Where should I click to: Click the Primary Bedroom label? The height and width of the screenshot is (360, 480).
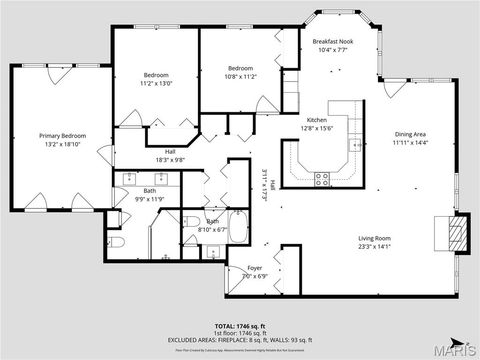click(x=61, y=135)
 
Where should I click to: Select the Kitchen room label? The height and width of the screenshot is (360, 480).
click(x=316, y=119)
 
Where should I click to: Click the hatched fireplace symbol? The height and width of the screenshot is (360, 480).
click(x=456, y=234)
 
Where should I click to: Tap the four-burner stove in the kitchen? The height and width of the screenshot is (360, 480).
click(x=323, y=179)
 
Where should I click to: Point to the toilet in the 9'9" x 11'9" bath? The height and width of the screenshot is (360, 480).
click(x=116, y=243)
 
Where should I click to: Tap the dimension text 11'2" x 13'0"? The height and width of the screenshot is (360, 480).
click(x=156, y=83)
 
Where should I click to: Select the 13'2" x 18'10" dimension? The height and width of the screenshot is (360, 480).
click(x=61, y=143)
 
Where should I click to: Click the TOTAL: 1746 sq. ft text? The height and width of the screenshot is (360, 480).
click(x=240, y=326)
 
